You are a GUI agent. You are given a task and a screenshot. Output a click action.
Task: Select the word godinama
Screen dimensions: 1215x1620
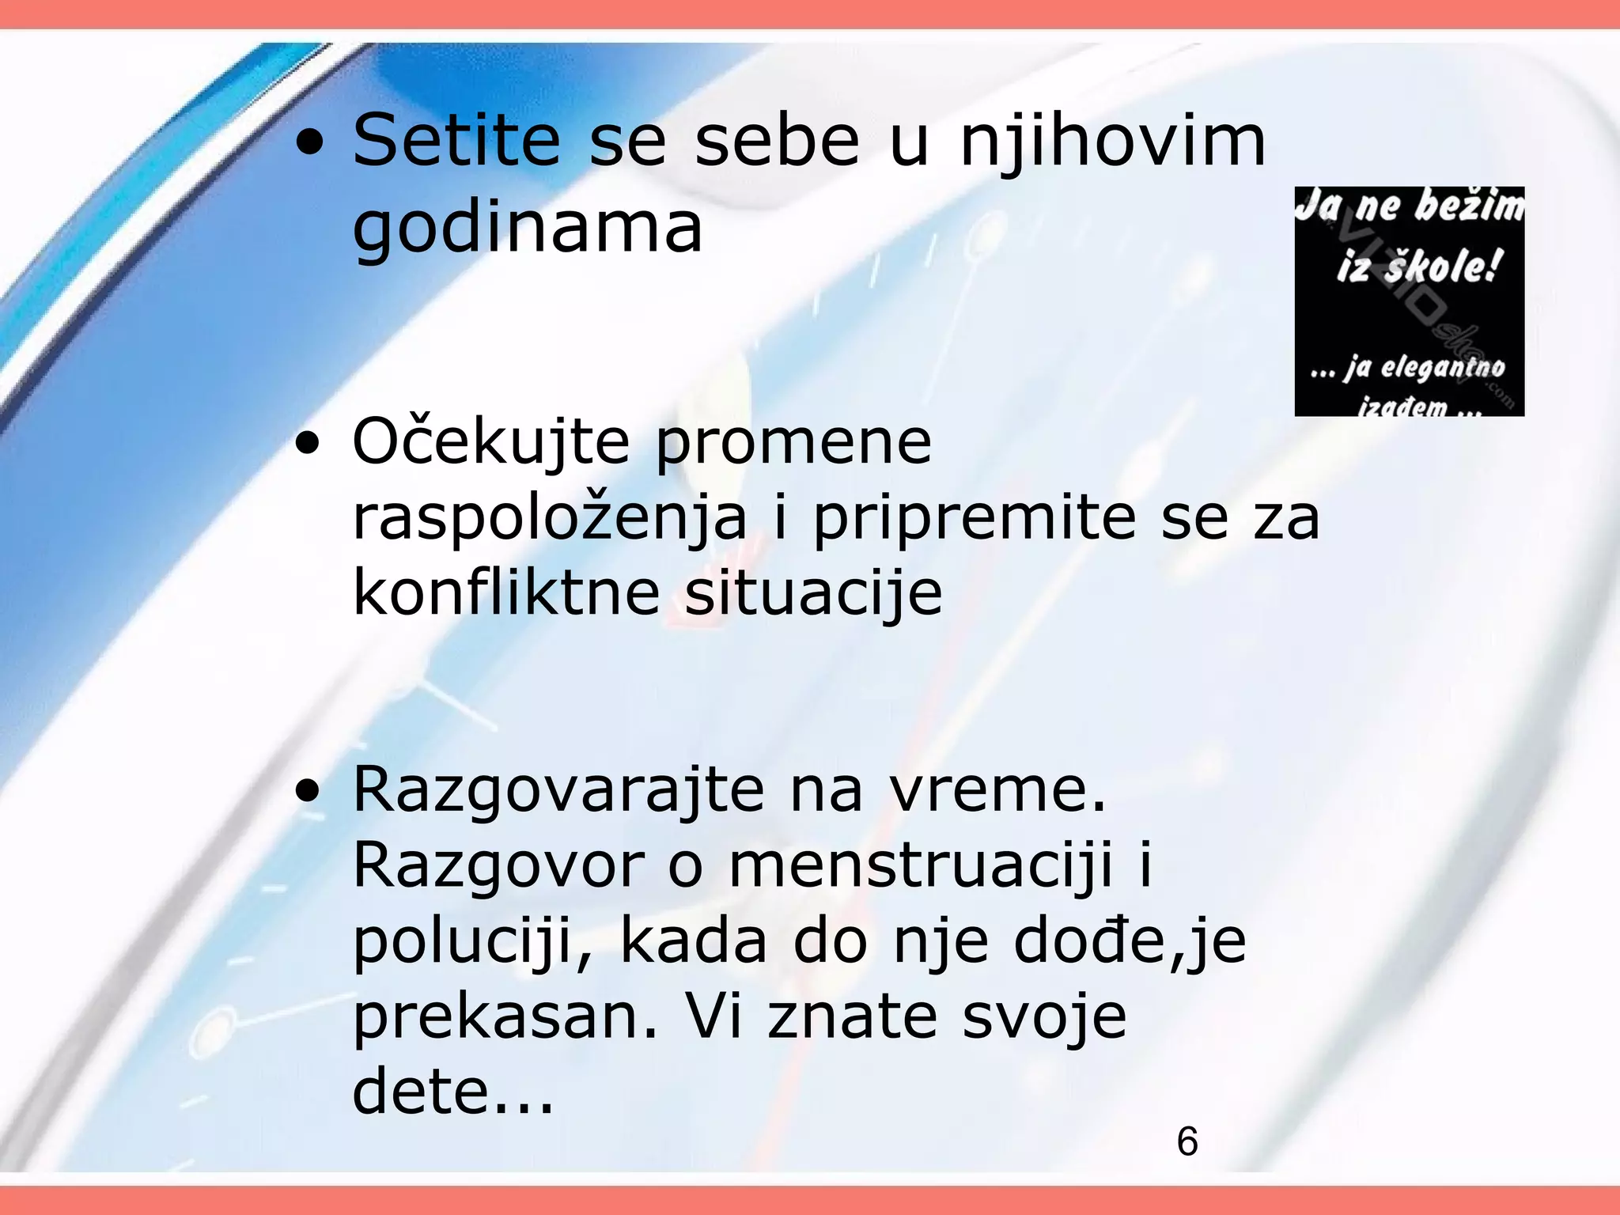click(x=527, y=229)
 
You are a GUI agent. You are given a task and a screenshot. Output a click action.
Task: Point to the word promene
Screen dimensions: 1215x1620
click(x=793, y=443)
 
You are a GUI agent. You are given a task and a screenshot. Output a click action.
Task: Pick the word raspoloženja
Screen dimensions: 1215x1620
click(x=550, y=520)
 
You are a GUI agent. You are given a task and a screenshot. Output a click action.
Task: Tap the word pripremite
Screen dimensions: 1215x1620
click(x=975, y=520)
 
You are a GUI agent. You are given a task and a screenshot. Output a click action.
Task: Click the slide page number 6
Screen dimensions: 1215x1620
click(x=1187, y=1141)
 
